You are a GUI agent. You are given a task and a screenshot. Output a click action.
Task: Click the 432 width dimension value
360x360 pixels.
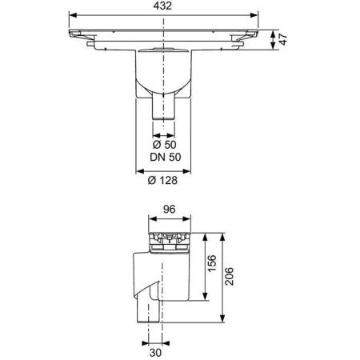[162, 6]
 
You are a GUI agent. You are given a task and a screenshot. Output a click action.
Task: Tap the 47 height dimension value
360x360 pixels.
[283, 39]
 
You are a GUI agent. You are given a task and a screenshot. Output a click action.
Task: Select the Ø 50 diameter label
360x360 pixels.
[164, 145]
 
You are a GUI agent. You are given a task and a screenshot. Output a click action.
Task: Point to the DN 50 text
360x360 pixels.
[166, 157]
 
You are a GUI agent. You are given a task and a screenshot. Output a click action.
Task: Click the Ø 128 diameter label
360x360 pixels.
[162, 181]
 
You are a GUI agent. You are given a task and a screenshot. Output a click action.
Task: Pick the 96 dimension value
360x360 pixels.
[170, 210]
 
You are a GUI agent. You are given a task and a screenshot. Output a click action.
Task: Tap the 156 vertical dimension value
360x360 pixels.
[212, 263]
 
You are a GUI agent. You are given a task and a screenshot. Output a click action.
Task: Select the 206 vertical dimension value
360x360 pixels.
[229, 276]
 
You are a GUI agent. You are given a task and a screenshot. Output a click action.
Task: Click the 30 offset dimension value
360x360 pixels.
[155, 353]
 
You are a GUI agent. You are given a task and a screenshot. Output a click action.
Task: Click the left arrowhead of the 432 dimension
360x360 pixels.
[73, 15]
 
